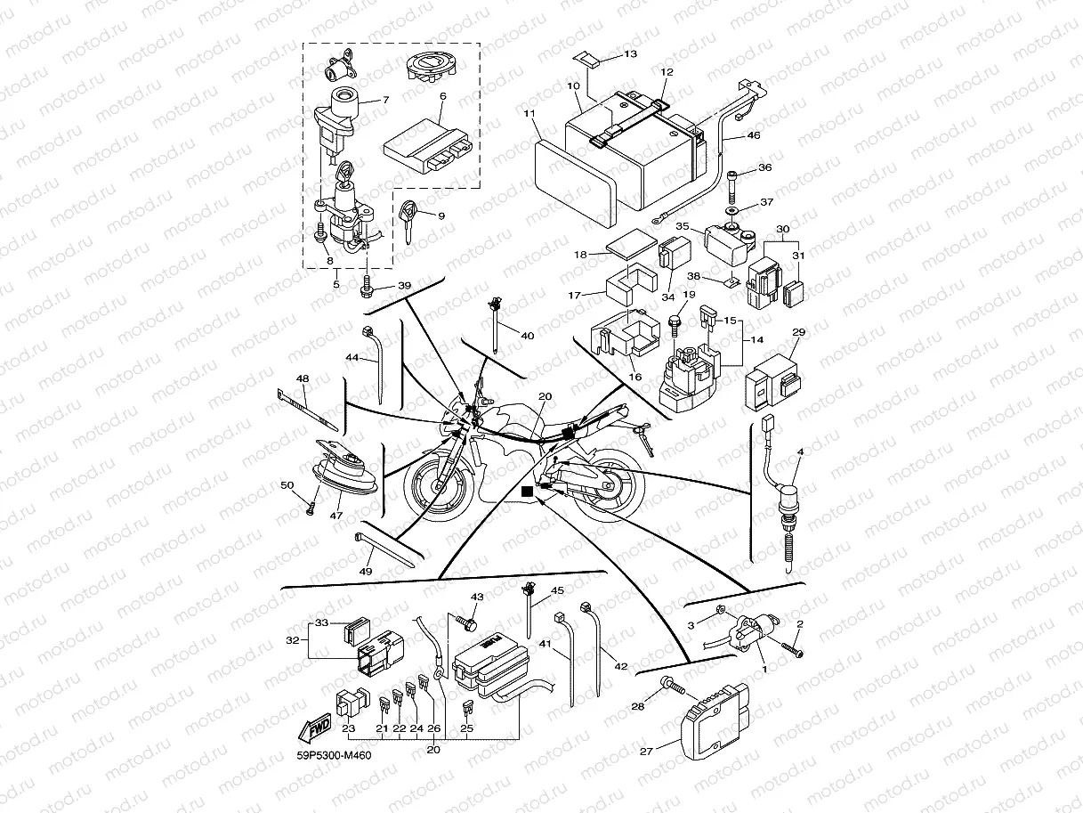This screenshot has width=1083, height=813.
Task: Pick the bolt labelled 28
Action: (674, 687)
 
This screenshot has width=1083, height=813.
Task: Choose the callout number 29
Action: (798, 332)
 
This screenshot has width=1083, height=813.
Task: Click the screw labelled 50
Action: (311, 508)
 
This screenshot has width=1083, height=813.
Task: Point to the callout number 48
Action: (303, 378)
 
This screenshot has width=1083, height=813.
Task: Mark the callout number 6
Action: (442, 96)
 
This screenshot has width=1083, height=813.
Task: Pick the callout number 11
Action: (529, 114)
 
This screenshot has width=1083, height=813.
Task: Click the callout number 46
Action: (753, 135)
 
